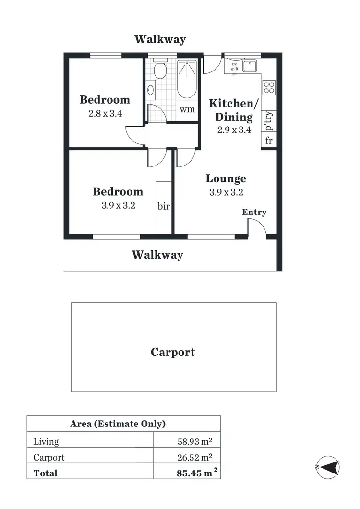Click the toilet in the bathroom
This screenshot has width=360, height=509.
coord(160,70)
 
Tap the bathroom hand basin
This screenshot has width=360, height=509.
coord(151,90)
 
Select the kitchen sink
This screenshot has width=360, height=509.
coord(250,66)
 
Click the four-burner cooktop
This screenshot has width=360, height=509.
coord(269,87)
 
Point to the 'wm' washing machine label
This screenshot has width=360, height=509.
coord(187,109)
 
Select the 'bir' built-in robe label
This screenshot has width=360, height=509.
coord(164,206)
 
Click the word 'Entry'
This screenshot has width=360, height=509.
coord(254,212)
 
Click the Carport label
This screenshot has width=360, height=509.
coord(173,352)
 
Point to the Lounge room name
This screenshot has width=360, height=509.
coord(226,179)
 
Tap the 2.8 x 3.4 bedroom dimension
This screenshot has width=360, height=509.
coord(105,115)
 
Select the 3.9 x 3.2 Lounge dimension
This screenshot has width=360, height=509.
coord(226,193)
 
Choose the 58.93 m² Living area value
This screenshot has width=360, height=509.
coord(194,441)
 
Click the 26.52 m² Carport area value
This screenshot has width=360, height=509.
coord(194,457)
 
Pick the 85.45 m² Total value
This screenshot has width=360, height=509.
coord(194,473)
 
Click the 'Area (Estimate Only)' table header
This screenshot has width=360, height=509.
coord(118,424)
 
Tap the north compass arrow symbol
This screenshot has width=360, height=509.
coord(327,466)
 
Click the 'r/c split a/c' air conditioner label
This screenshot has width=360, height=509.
coord(234,69)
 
